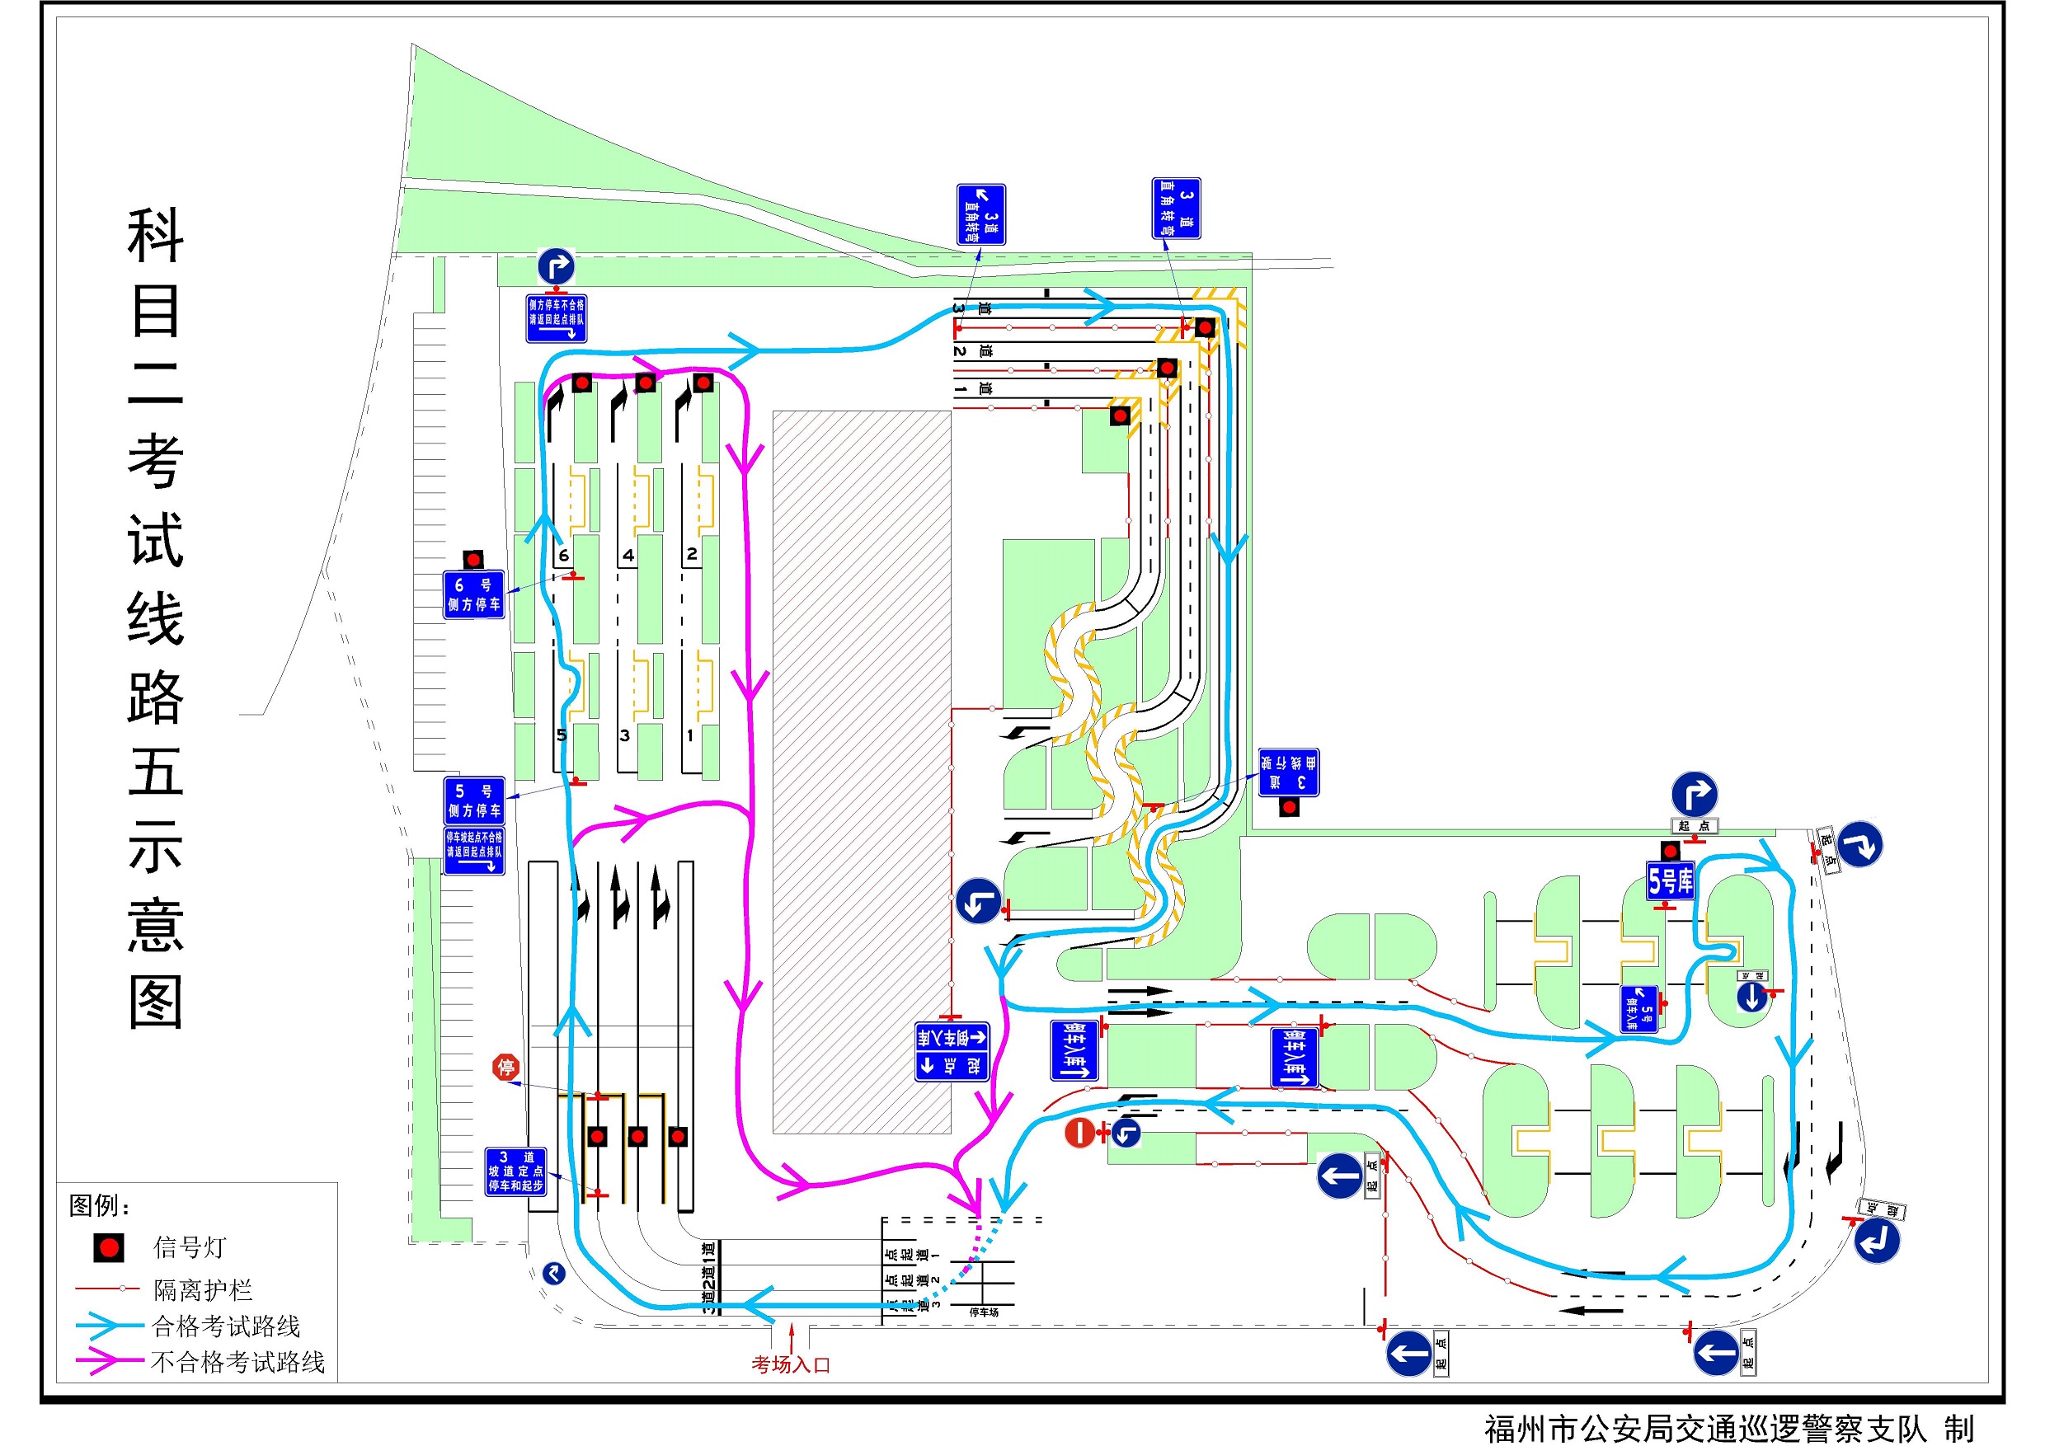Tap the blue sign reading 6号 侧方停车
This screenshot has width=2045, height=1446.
tap(474, 594)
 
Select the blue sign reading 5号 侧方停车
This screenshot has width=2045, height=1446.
tap(474, 800)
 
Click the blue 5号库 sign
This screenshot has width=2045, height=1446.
tap(1670, 880)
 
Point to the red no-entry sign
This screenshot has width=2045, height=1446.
tap(1079, 1133)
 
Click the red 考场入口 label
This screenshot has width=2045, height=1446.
tap(791, 1364)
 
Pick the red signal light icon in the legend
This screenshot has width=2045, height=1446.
tap(110, 1247)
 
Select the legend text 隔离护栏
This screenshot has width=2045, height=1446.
tap(203, 1289)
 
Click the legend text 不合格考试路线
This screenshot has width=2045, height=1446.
tap(237, 1361)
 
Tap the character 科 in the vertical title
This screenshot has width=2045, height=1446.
tap(155, 236)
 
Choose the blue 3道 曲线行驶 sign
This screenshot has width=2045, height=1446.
tap(1288, 772)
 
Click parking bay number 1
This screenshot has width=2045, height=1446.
tap(689, 735)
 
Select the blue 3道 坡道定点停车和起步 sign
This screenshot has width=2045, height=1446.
tap(515, 1171)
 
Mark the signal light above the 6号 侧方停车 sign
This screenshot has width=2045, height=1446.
tap(473, 559)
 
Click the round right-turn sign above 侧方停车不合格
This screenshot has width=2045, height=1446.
tap(556, 266)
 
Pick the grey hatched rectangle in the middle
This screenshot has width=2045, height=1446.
tap(861, 771)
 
